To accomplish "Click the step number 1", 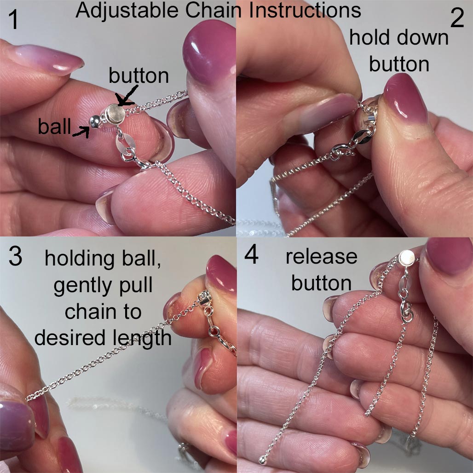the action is (x=13, y=19).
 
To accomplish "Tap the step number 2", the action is (x=457, y=18).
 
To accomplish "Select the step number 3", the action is (x=15, y=256).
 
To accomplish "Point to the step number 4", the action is (x=251, y=254).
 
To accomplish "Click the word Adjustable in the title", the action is (x=127, y=11).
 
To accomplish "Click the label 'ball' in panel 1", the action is (x=54, y=127).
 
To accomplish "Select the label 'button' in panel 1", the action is (x=139, y=75).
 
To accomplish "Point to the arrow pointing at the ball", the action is (x=81, y=132).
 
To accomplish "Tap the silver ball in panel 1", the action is (x=95, y=121).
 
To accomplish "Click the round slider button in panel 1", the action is (x=115, y=114).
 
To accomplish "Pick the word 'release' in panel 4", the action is (x=322, y=257).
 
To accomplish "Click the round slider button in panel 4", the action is (x=406, y=259).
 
